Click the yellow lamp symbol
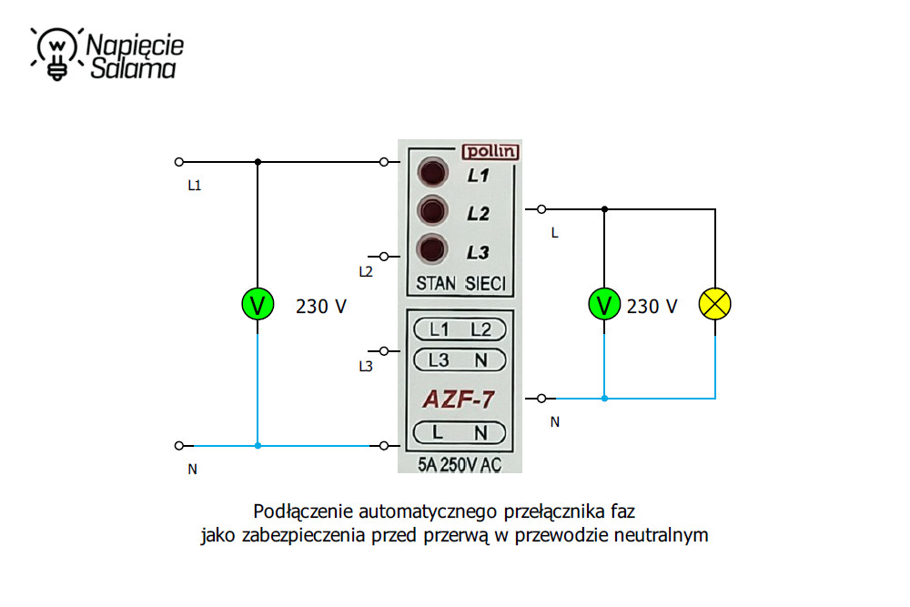714,305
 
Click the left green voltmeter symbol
258,305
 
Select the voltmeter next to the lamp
604,305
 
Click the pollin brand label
490,152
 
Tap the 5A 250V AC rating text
460,465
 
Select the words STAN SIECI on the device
460,282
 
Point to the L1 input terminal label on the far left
194,186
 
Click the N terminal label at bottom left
193,470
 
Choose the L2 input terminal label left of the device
366,271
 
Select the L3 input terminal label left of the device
366,367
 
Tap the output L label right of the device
554,233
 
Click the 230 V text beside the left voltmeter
320,307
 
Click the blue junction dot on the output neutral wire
604,398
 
